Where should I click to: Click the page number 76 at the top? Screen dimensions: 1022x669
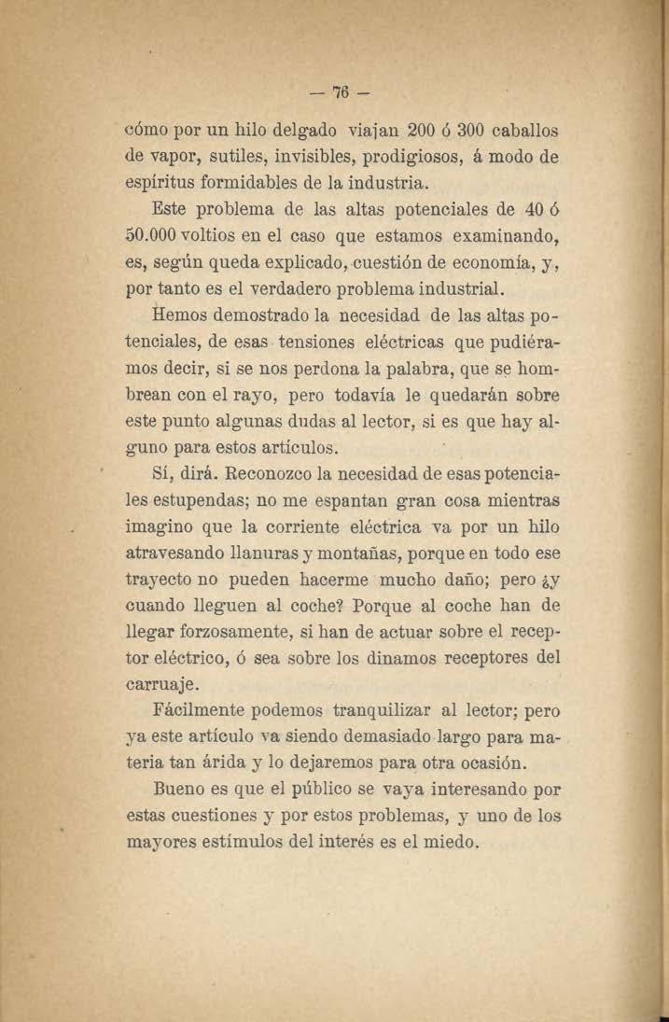click(x=336, y=93)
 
